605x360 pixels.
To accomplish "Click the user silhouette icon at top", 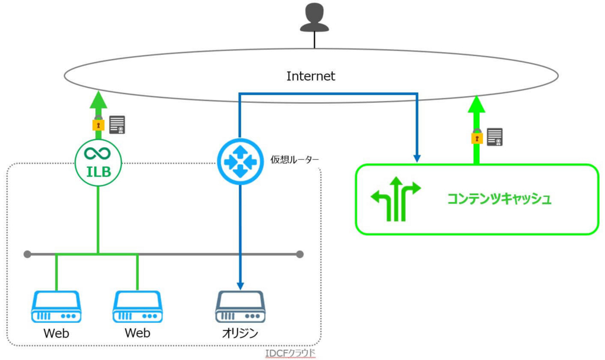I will [314, 17].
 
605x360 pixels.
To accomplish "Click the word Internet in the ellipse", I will [311, 76].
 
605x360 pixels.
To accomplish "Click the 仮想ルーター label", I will [295, 159].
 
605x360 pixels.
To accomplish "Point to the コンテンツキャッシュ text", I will [499, 199].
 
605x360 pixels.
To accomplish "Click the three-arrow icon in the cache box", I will [396, 198].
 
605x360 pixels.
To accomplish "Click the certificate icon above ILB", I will [118, 125].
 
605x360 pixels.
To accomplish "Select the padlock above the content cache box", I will [476, 137].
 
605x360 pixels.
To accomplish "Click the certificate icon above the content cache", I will [495, 137].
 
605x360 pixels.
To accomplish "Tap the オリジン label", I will [240, 333].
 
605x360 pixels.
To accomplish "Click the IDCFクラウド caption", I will [291, 353].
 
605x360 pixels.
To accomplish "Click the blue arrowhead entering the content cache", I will [417, 158].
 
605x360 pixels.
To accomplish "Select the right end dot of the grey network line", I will [300, 254].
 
